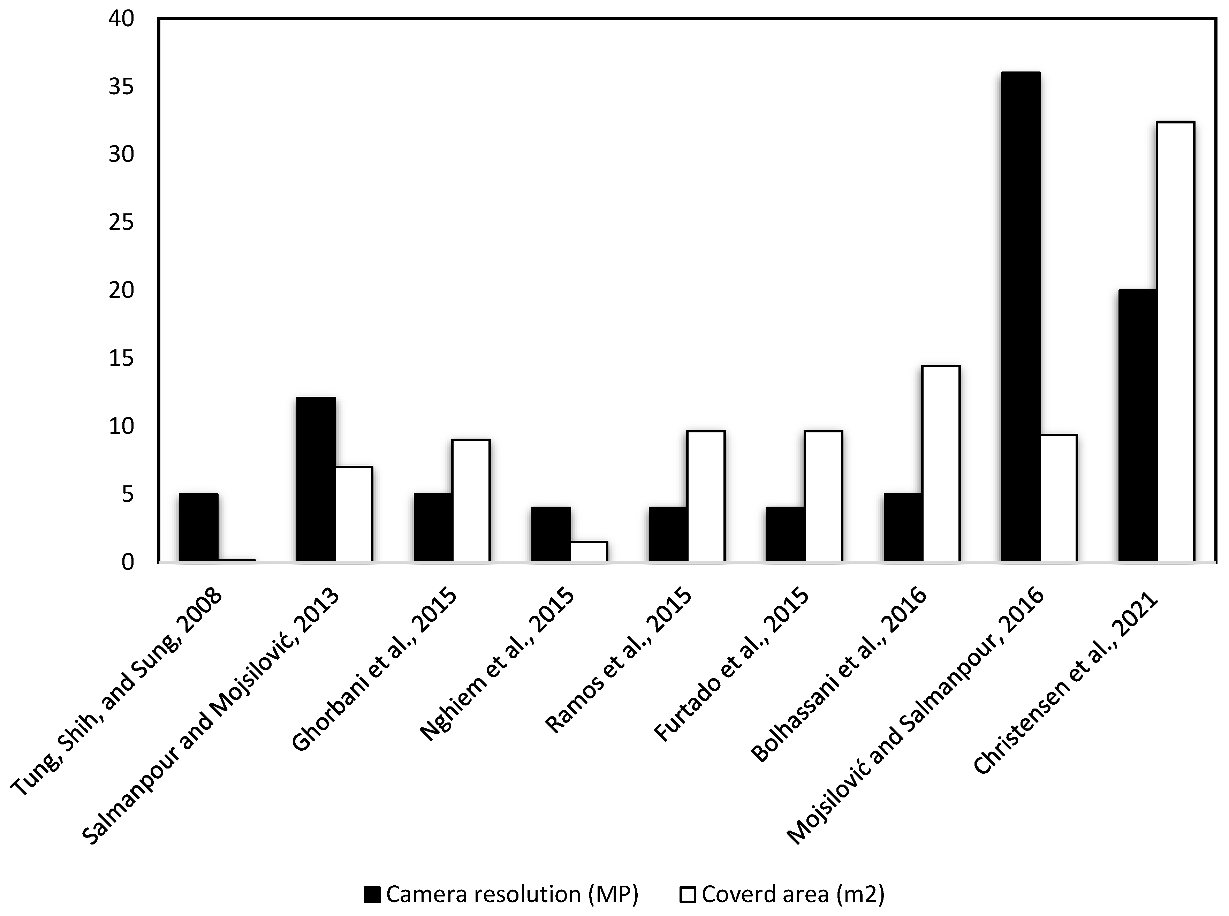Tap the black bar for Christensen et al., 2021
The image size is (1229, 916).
click(1138, 426)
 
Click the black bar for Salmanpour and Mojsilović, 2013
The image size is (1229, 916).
click(316, 480)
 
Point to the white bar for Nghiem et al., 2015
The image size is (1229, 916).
click(589, 552)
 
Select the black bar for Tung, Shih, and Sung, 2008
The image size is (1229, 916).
click(198, 527)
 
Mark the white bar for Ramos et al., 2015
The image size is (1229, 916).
click(706, 496)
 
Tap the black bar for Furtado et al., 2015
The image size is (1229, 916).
click(786, 534)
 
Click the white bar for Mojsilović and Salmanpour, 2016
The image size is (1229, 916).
click(1058, 498)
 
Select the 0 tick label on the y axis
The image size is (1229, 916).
click(128, 562)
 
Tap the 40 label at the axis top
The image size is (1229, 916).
click(122, 20)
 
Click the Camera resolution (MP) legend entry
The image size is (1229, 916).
click(502, 894)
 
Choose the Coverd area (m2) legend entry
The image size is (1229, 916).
click(782, 894)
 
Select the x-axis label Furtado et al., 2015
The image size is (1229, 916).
click(732, 665)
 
